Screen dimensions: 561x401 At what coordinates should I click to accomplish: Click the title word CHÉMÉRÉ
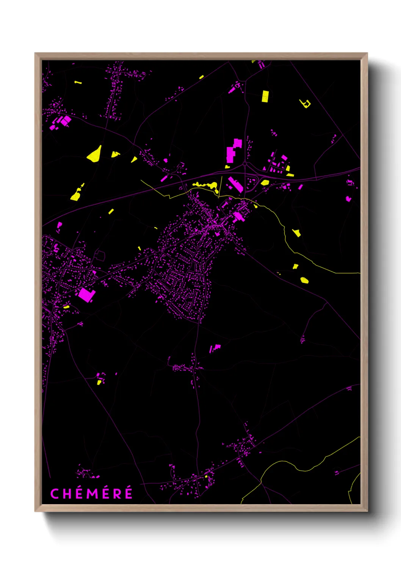91,494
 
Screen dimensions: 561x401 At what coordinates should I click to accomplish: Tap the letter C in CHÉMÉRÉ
55,494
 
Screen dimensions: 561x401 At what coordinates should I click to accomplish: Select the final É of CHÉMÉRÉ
129,494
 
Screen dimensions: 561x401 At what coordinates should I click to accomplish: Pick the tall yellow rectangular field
265,96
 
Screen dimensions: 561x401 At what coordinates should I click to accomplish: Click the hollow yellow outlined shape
305,103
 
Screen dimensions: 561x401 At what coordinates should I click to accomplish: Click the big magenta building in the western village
86,295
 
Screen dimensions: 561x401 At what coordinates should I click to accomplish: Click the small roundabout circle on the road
245,164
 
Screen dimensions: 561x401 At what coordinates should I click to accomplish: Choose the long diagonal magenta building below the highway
235,185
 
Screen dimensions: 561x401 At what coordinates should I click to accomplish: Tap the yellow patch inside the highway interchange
265,183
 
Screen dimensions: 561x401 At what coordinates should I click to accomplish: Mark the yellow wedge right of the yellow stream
297,233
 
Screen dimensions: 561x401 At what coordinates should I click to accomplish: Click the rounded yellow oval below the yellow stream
304,280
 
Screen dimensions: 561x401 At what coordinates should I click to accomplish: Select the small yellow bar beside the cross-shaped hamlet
78,82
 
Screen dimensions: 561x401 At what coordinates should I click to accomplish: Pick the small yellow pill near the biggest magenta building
66,307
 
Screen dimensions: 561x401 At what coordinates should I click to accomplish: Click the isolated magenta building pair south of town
215,348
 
